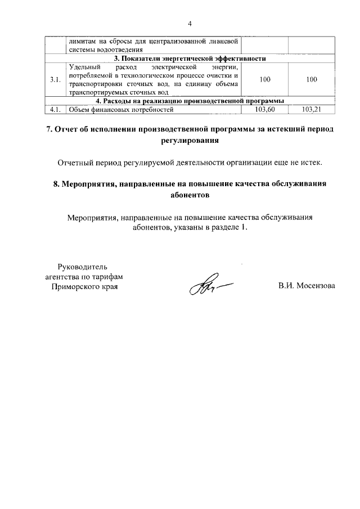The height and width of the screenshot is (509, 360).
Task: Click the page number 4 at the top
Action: tap(190, 24)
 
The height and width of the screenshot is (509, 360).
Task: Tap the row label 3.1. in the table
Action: tap(55, 80)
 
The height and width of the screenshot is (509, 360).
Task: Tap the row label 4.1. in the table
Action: tap(55, 110)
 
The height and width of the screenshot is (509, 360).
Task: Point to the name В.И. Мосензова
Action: tap(306, 286)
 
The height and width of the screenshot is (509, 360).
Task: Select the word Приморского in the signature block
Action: tap(74, 286)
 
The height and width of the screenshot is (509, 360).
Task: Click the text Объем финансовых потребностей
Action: tap(118, 110)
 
